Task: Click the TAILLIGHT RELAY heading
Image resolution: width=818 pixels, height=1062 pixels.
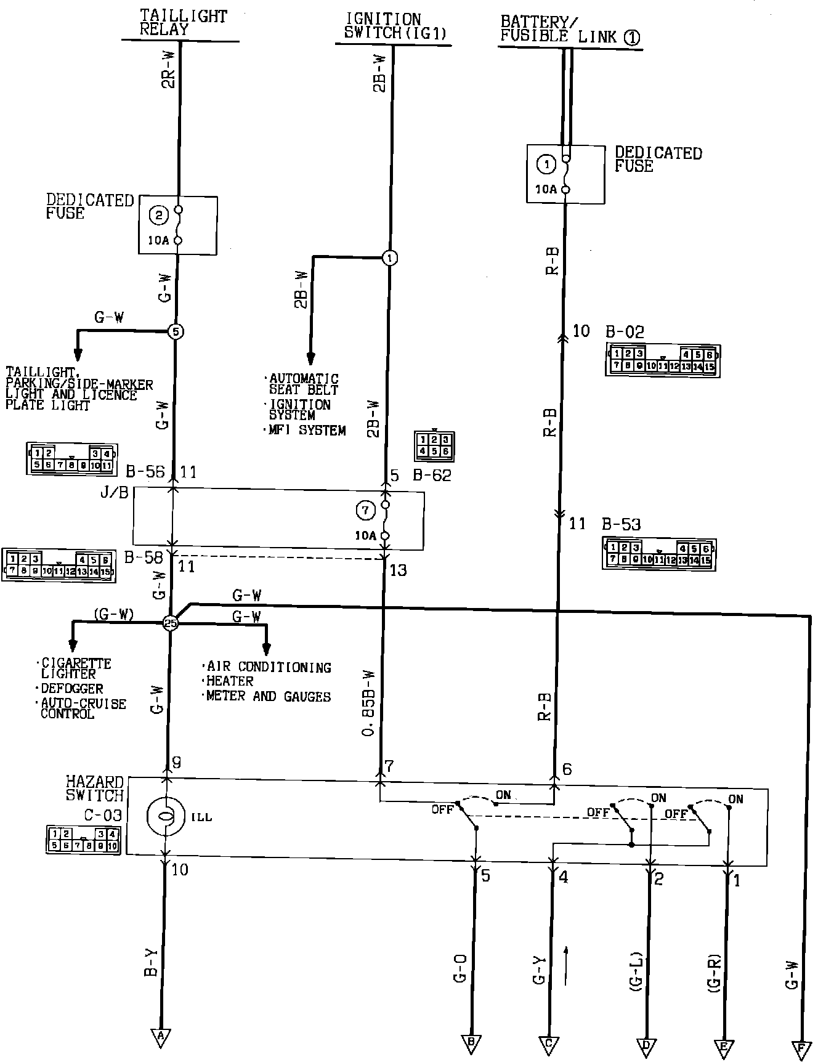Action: [183, 22]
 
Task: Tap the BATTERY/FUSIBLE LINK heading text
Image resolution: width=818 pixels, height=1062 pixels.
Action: [569, 29]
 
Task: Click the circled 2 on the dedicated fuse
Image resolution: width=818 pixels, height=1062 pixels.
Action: [159, 215]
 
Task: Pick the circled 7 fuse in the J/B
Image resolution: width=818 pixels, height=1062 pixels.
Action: [365, 510]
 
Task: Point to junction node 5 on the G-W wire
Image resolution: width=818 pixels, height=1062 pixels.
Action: [176, 331]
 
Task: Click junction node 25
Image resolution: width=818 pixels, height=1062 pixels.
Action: [171, 623]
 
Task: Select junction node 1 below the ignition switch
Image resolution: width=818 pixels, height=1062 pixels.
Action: [390, 257]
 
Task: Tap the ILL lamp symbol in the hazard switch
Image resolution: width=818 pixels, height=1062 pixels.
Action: [165, 816]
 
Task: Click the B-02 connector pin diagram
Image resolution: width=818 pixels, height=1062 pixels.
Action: [663, 360]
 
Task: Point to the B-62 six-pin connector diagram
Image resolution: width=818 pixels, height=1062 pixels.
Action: [435, 445]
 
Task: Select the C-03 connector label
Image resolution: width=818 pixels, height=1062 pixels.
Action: [103, 815]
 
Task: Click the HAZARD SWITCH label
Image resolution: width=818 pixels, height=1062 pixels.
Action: [95, 788]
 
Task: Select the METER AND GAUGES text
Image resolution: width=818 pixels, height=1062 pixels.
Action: [269, 696]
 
